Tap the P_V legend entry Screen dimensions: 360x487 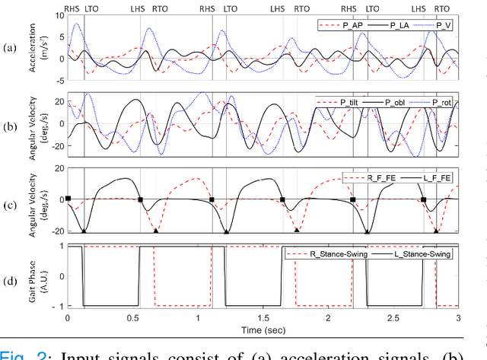(x=441, y=25)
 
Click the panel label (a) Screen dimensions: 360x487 (x=10, y=49)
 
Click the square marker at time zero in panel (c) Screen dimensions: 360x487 (x=68, y=199)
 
